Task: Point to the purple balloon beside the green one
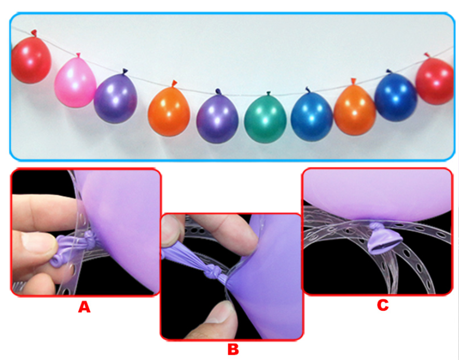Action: click(217, 117)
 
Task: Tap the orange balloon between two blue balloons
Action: click(355, 108)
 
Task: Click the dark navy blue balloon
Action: click(396, 96)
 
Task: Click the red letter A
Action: click(84, 307)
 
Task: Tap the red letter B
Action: click(233, 349)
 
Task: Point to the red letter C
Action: click(383, 305)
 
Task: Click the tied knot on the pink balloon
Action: click(78, 56)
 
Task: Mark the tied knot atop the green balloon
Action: click(268, 93)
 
